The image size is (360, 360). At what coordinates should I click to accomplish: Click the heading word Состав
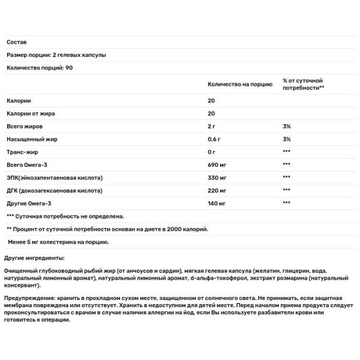(x=15, y=42)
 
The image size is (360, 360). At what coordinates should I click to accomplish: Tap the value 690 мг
(x=217, y=165)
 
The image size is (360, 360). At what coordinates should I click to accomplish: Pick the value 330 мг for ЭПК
(x=217, y=178)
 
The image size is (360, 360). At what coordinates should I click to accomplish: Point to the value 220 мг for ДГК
(x=217, y=191)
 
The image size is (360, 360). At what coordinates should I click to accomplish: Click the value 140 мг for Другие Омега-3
(x=217, y=203)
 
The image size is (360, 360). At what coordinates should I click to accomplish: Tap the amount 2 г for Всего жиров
(x=212, y=127)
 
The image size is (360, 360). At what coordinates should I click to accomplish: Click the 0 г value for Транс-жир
(x=212, y=152)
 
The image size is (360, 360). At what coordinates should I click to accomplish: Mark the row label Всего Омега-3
(x=28, y=165)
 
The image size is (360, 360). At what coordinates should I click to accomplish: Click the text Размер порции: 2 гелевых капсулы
(x=56, y=55)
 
